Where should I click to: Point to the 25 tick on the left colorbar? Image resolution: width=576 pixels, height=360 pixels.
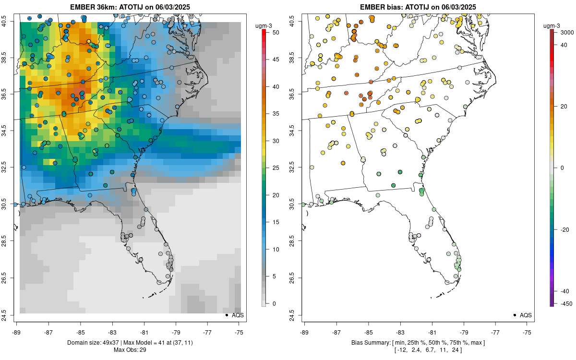coord(273,168)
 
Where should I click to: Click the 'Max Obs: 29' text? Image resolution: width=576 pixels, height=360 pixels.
coord(130,349)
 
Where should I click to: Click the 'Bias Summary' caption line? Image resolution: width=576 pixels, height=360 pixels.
coord(418,342)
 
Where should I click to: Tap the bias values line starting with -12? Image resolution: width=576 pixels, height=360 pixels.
coord(418,349)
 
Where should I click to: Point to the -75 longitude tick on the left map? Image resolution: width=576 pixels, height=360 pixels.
coord(240,332)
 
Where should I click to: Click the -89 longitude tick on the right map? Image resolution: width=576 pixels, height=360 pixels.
coord(304,332)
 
